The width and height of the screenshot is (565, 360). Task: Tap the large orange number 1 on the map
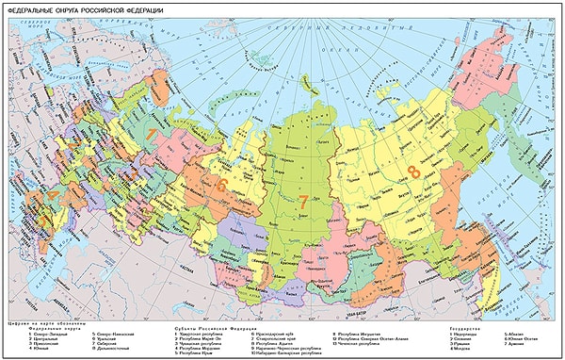tap(152, 136)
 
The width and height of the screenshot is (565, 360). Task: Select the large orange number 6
tap(222, 186)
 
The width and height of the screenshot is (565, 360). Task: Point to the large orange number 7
tap(303, 200)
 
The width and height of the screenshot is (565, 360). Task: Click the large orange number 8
tap(413, 172)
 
